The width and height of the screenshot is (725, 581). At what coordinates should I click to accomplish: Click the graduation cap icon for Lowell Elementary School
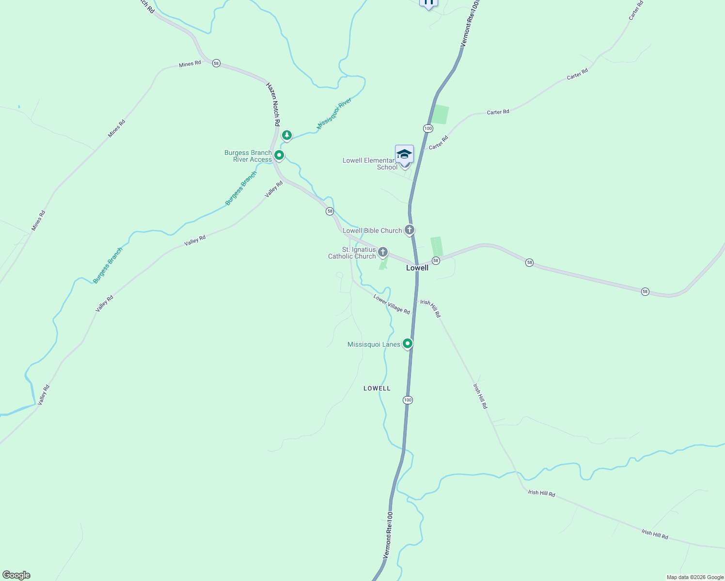tap(404, 154)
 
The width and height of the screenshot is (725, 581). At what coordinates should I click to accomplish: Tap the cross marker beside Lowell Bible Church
tap(410, 230)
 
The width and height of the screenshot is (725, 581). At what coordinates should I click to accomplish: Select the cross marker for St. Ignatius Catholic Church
tap(383, 252)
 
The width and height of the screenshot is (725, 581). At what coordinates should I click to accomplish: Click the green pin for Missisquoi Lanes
tap(408, 344)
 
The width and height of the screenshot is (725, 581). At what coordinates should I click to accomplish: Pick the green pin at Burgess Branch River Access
tap(279, 155)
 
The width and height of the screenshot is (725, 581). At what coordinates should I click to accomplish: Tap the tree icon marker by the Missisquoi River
tap(287, 135)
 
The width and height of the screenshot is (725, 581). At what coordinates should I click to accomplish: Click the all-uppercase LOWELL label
tap(377, 388)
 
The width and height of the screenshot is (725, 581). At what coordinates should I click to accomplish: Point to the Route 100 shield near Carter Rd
tap(427, 128)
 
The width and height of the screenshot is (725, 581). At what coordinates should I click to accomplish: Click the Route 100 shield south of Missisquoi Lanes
tap(408, 400)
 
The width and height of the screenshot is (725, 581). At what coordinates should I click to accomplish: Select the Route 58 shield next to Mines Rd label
tap(216, 63)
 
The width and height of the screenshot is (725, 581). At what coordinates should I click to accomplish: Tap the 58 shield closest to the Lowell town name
tap(436, 260)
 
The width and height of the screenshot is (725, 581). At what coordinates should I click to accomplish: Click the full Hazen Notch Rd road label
tap(273, 105)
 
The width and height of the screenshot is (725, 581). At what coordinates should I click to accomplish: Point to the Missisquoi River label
tap(334, 114)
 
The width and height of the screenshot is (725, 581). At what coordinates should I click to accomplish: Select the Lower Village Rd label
tap(392, 305)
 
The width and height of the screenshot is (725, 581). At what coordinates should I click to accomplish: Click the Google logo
tap(16, 575)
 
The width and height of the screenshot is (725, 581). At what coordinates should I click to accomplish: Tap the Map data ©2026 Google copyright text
tap(695, 577)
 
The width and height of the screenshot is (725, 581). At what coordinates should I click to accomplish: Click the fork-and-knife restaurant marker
tap(428, 2)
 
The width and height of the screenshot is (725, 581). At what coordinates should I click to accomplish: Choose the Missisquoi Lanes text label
tap(374, 345)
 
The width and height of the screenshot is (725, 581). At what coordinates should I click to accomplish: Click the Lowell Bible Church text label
tap(372, 231)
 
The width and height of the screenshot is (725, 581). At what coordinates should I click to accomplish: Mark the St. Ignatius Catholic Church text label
tap(352, 253)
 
